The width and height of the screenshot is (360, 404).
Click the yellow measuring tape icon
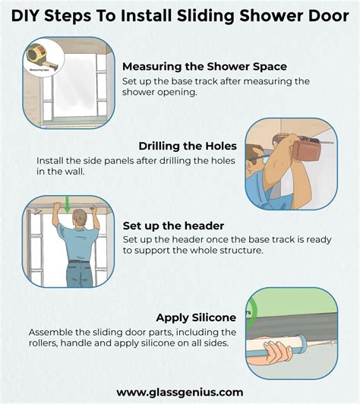click(x=35, y=55)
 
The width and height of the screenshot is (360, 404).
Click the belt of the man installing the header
click(x=78, y=261)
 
